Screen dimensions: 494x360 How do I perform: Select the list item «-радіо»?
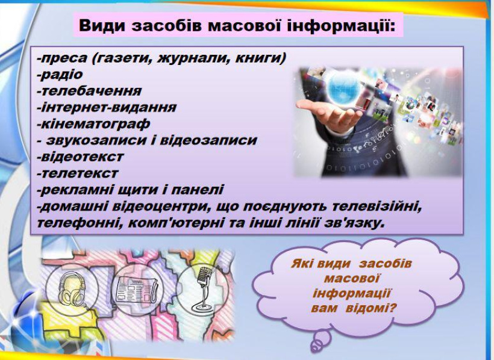[x=60, y=75]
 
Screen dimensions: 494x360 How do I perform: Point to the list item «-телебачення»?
[x=89, y=91]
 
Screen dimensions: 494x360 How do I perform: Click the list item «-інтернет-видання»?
[x=107, y=107]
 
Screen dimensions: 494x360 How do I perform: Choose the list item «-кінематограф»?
[x=93, y=124]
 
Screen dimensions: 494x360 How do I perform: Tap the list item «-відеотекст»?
[x=80, y=157]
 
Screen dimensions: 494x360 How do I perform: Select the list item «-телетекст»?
[x=78, y=173]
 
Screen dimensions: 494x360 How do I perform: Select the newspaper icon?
[x=136, y=290]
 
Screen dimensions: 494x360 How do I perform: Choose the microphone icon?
[x=202, y=289]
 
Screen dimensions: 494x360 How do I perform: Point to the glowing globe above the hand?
[x=343, y=85]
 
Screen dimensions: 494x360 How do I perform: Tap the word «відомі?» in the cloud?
[x=371, y=308]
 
